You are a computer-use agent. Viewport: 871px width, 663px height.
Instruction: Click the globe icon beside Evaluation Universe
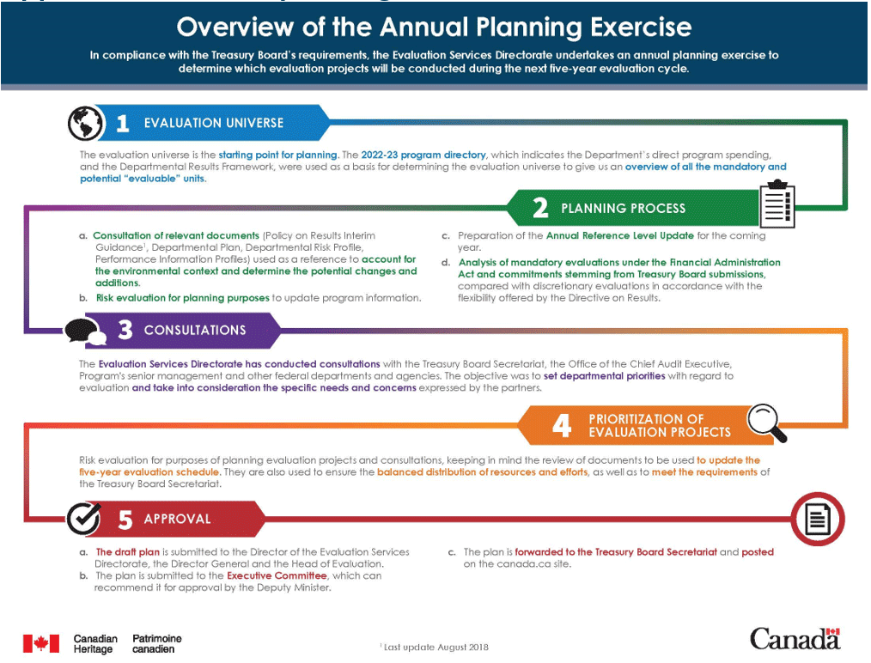pos(85,123)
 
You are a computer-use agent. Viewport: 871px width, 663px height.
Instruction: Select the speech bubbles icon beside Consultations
pos(85,331)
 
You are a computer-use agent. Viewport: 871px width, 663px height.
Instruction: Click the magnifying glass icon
pos(765,421)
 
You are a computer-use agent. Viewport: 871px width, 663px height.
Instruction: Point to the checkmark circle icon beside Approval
pos(86,519)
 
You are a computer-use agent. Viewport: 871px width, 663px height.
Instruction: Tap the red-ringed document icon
pos(818,519)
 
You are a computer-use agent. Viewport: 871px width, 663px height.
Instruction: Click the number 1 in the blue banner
pos(123,124)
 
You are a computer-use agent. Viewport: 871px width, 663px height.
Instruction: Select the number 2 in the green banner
pos(539,208)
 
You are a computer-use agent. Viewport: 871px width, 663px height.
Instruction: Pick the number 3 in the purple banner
pos(125,331)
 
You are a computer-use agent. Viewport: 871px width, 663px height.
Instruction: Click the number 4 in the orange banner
pos(561,426)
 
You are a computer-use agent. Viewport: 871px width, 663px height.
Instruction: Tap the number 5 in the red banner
pos(125,520)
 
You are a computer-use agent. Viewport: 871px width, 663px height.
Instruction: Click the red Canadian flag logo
pos(40,643)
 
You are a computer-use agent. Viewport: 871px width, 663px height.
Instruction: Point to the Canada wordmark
pos(794,639)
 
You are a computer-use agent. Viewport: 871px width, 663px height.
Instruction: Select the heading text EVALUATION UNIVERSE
pos(213,123)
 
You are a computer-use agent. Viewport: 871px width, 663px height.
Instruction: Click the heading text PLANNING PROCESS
pos(623,208)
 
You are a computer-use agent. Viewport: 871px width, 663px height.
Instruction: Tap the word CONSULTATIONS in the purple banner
pos(195,331)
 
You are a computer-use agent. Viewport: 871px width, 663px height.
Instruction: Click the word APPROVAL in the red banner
pos(177,520)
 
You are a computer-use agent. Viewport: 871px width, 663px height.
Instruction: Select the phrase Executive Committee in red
pos(277,575)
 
